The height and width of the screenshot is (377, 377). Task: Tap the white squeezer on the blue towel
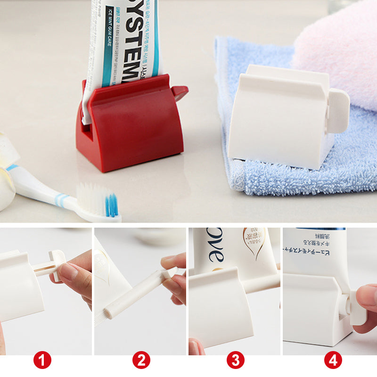coord(278,123)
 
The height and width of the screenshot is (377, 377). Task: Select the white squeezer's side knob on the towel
coord(338,111)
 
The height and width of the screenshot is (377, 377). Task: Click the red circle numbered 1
coord(42,361)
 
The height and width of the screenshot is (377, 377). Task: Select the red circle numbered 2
coord(141,361)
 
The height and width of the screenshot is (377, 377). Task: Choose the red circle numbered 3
coord(236,361)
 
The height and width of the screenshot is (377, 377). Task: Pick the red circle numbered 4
coord(333,361)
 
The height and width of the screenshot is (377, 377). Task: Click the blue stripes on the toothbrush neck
coord(60,200)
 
